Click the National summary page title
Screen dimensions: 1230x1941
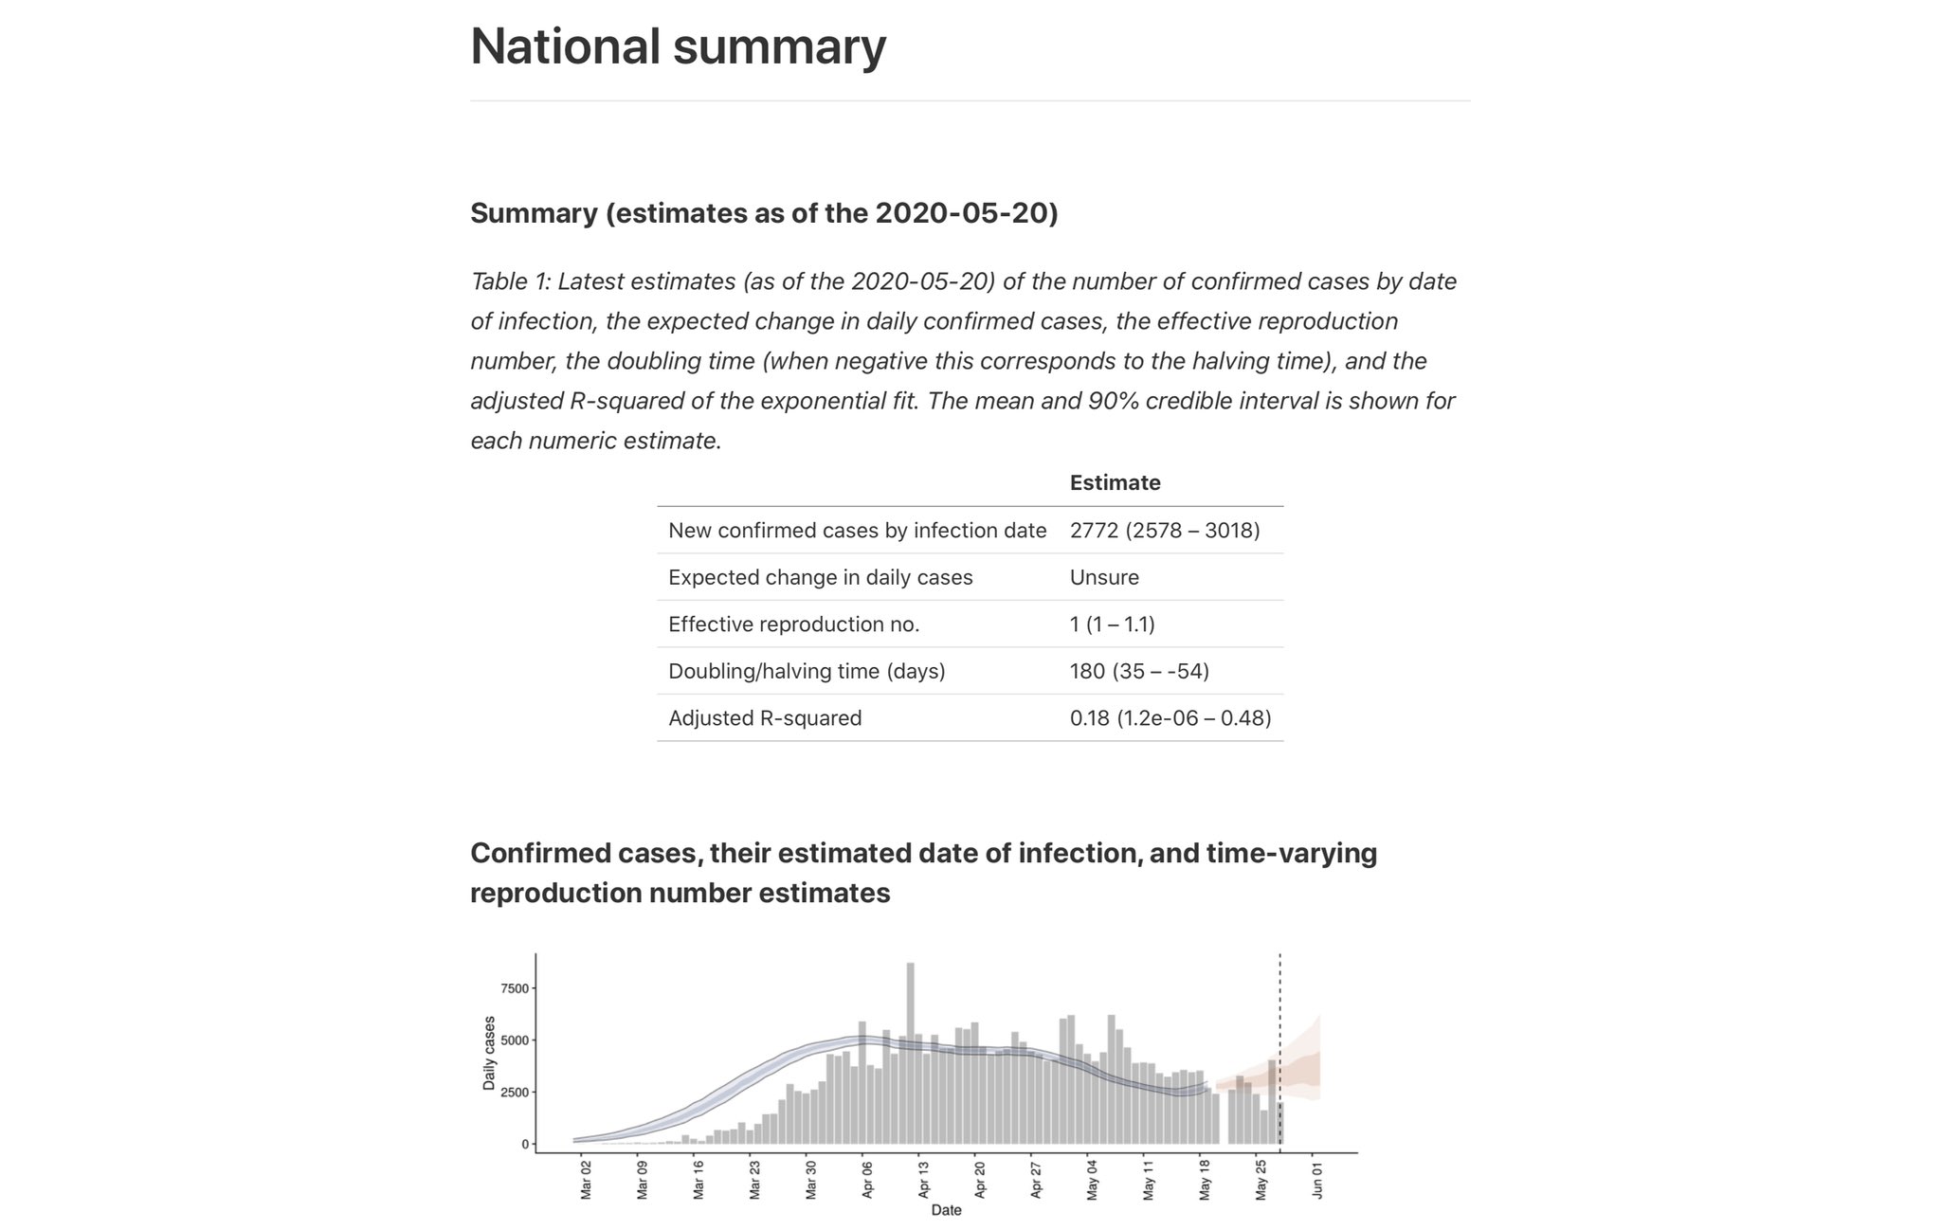[x=678, y=46]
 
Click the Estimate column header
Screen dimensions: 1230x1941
[x=1115, y=482]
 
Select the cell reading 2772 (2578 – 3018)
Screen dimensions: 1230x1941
[x=1165, y=530]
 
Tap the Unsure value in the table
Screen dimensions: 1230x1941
[x=1104, y=577]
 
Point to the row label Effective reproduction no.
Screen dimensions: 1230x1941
[x=793, y=624]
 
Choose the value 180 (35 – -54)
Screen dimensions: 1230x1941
[x=1139, y=671]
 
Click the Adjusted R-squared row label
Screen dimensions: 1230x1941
[x=765, y=717]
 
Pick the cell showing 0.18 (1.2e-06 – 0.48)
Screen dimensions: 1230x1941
[x=1170, y=717]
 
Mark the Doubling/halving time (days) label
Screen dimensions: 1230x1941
[x=807, y=671]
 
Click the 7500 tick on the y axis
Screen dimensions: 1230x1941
[x=515, y=988]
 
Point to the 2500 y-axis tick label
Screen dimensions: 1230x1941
[x=515, y=1093]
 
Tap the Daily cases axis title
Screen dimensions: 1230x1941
[x=489, y=1053]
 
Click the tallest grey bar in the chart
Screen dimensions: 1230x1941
[x=910, y=1052]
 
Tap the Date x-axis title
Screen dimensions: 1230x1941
[x=946, y=1210]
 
